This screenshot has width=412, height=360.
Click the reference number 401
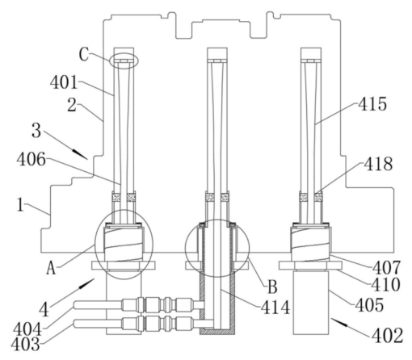64,82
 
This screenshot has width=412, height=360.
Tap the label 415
372,104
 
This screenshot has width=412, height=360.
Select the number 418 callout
378,164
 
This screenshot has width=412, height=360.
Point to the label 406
31,160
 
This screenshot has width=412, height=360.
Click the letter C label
84,55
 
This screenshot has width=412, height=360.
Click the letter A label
51,268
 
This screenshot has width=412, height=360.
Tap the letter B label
272,287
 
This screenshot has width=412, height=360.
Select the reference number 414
275,308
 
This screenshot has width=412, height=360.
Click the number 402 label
387,336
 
